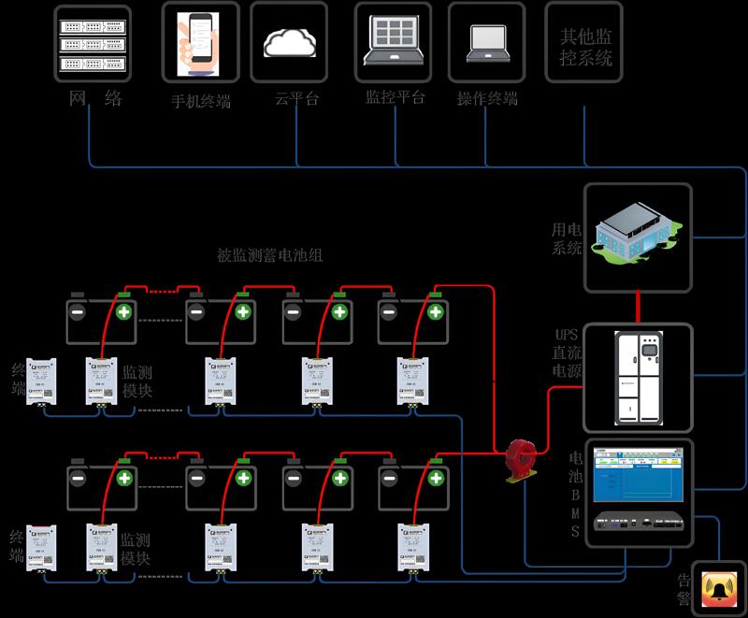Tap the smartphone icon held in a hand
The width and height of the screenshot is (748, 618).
pyautogui.click(x=199, y=42)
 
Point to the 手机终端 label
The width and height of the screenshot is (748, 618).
pyautogui.click(x=200, y=101)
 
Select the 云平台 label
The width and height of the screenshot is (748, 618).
pyautogui.click(x=296, y=98)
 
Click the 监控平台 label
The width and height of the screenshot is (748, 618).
pyautogui.click(x=395, y=97)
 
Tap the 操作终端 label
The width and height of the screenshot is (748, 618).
pyautogui.click(x=487, y=98)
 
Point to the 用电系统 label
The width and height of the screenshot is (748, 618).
pyautogui.click(x=567, y=238)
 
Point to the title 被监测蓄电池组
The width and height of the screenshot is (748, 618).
pyautogui.click(x=269, y=254)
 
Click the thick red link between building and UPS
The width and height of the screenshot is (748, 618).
pyautogui.click(x=639, y=306)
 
